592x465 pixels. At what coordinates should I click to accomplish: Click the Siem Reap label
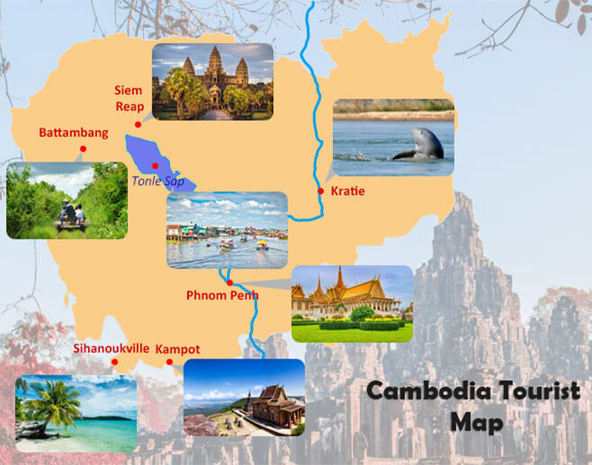pos(129,98)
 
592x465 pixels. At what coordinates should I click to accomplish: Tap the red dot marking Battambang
pos(83,149)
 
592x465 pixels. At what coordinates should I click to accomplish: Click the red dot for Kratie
pos(321,191)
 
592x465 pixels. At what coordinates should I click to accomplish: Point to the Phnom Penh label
pos(222,295)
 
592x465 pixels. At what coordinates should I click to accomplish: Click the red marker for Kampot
pos(169,363)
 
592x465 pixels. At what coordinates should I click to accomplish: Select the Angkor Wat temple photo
pos(212,81)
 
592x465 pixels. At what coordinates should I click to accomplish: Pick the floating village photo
pos(227,230)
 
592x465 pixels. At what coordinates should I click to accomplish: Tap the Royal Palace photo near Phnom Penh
pos(352,303)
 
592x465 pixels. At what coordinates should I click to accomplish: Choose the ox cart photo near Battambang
pos(67,201)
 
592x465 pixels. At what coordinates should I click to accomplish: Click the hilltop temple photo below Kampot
pos(244,397)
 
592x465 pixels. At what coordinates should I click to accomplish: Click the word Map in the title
pos(476,421)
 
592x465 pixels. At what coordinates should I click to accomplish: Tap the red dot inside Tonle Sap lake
pos(155,165)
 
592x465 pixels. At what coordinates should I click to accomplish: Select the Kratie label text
pos(348,191)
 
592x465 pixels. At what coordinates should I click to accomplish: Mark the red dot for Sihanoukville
pos(115,363)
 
